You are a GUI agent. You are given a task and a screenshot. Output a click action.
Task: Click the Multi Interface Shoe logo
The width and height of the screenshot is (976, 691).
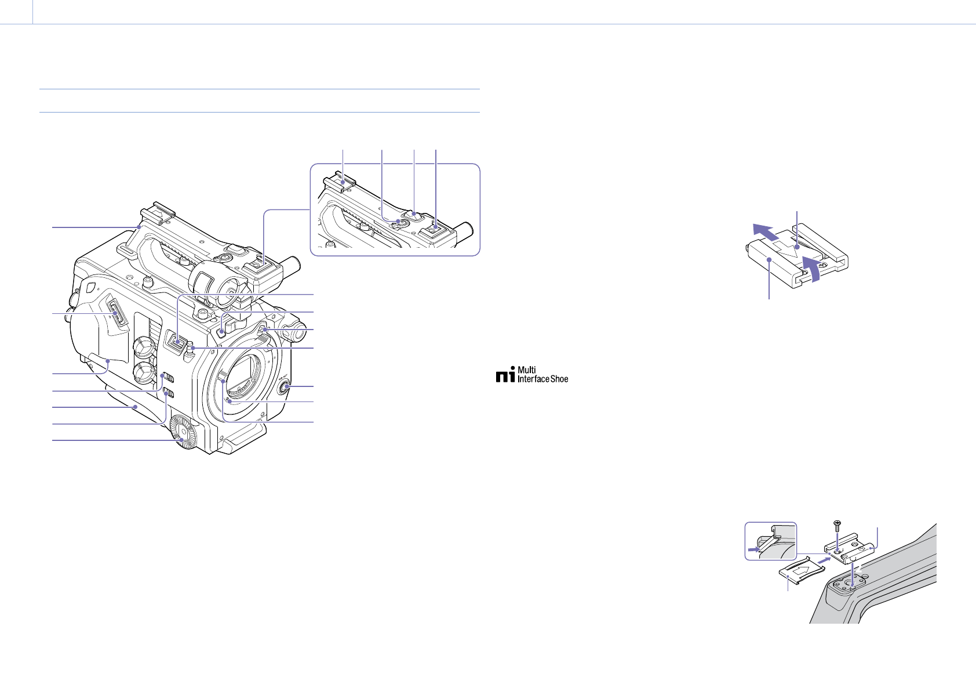pyautogui.click(x=531, y=374)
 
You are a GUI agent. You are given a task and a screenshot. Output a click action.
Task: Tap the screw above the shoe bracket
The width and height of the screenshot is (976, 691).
pyautogui.click(x=836, y=526)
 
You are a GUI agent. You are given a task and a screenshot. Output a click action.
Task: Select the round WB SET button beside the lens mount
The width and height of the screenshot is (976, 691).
pyautogui.click(x=285, y=387)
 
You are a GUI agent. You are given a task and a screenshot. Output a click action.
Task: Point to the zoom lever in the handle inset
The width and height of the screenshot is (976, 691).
pyautogui.click(x=416, y=217)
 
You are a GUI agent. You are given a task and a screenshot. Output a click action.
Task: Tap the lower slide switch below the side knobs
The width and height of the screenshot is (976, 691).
pyautogui.click(x=167, y=393)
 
